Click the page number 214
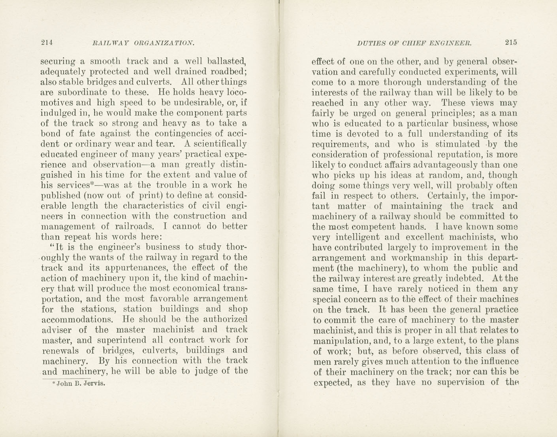47,43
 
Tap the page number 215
510,43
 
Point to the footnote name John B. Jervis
80,383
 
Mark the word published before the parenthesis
60,196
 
